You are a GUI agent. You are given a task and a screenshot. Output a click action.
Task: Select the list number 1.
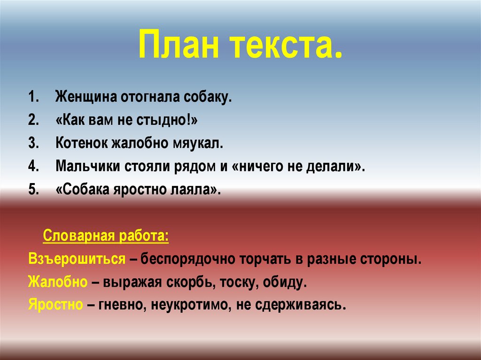(x=33, y=97)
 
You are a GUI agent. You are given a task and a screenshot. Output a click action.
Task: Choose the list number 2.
(x=33, y=120)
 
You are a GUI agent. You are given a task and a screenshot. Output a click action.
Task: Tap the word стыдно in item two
(x=162, y=120)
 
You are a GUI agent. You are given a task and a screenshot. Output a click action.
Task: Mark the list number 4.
(x=33, y=166)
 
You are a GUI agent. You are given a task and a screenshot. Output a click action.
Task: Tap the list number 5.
(x=33, y=190)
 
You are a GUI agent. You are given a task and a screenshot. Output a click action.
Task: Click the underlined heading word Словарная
(x=79, y=236)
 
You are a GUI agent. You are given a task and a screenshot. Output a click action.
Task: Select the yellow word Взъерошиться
(x=77, y=259)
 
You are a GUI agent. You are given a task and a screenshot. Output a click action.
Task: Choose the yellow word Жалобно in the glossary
(x=58, y=282)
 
